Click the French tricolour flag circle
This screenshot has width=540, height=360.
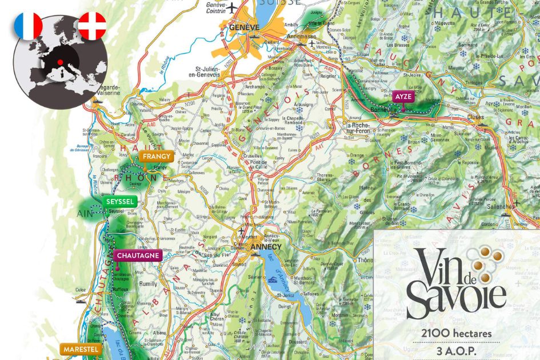pyautogui.click(x=28, y=26)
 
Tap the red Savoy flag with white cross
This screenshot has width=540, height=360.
pyautogui.click(x=91, y=26)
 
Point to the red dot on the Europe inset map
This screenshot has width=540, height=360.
pyautogui.click(x=59, y=62)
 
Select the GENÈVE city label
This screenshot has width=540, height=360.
pyautogui.click(x=244, y=27)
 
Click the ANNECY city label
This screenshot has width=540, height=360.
pyautogui.click(x=266, y=247)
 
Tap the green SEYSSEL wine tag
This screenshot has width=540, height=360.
pyautogui.click(x=120, y=202)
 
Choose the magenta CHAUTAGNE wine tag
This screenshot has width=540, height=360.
pyautogui.click(x=137, y=255)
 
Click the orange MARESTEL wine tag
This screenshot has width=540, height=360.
pyautogui.click(x=81, y=349)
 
